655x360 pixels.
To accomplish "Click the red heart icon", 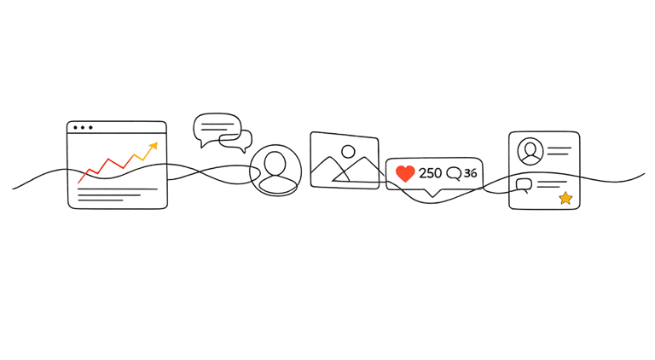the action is click(405, 174).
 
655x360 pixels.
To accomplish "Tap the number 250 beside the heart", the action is click(431, 174).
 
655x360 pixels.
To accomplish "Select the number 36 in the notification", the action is click(471, 174).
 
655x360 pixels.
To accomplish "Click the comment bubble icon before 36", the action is click(453, 174).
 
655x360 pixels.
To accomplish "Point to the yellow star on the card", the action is click(565, 198).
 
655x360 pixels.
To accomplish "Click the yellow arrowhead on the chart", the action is click(153, 148).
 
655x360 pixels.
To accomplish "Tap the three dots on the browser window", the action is click(83, 129).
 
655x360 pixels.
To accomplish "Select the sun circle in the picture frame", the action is click(348, 152).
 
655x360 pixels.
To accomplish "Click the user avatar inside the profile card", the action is click(531, 151).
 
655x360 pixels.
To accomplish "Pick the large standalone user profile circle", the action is click(275, 170).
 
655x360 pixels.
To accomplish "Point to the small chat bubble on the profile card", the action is click(523, 183).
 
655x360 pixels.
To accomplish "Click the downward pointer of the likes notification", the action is click(436, 195).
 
